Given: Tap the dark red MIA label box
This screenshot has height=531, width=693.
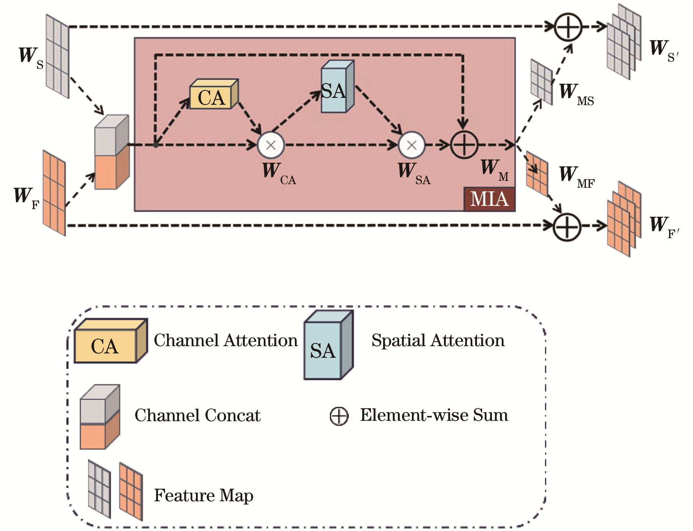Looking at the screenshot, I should point(489,199).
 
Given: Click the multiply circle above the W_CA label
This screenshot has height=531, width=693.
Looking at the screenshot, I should point(271,145).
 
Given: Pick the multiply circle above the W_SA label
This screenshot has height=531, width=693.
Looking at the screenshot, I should point(412,145).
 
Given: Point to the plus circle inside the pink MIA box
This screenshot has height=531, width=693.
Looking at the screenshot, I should point(464,145).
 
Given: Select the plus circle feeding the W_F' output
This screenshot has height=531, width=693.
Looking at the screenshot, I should point(567,227).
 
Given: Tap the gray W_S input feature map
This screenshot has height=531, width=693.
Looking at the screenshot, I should point(57,56).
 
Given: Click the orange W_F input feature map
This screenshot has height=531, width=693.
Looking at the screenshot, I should point(54,193).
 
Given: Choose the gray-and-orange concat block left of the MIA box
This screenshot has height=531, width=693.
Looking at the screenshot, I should point(111,153).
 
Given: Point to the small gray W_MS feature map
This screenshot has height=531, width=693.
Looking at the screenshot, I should point(542,82).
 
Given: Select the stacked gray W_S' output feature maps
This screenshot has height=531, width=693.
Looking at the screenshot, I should point(624,42).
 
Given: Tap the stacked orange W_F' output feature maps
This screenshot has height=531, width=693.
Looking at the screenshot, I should point(624,219).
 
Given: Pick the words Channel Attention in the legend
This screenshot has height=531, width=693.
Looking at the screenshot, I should point(226,341).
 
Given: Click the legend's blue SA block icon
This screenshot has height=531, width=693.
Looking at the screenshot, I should point(328,346).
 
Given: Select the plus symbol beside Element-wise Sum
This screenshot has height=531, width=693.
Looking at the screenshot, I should point(339,416).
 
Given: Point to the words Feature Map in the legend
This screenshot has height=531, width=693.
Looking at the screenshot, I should point(204,495).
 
